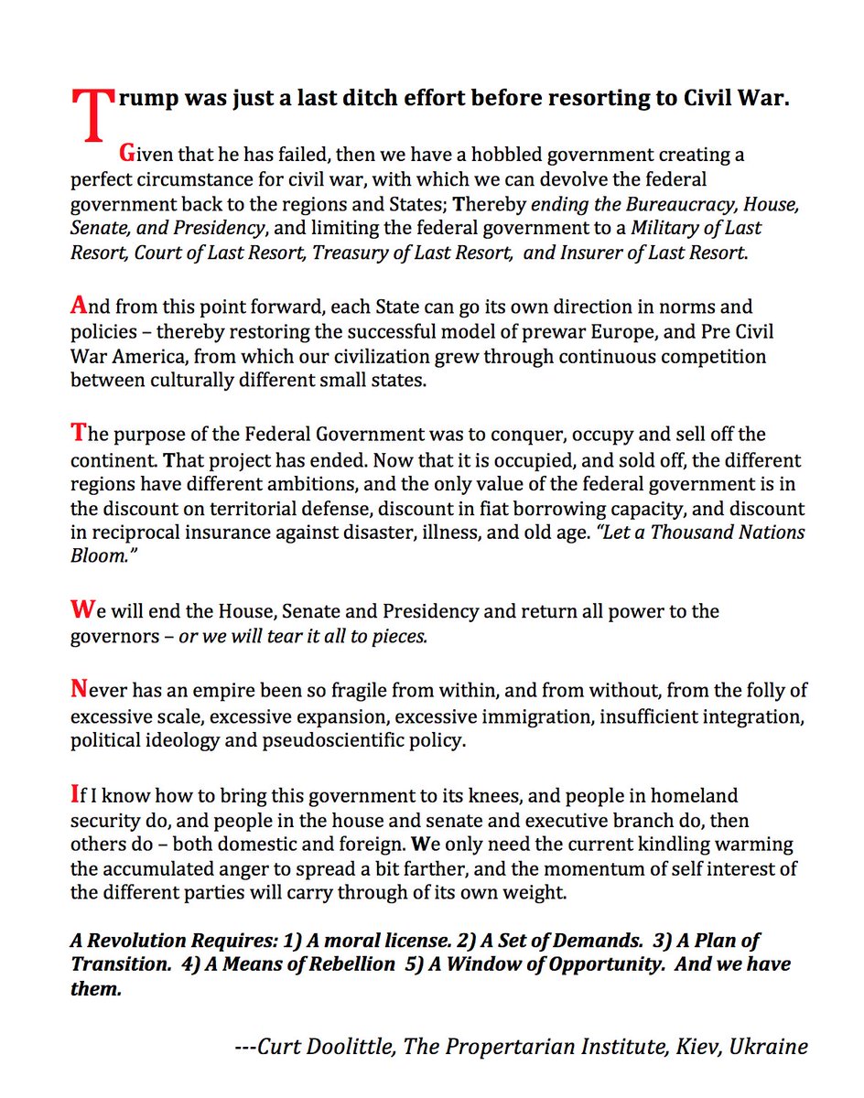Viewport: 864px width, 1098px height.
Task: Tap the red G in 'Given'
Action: pyautogui.click(x=127, y=155)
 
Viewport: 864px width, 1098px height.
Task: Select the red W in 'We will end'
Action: pyautogui.click(x=81, y=610)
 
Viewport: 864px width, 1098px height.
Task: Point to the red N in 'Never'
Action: pyautogui.click(x=80, y=690)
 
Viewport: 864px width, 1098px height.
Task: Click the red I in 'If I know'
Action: pyautogui.click(x=75, y=795)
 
